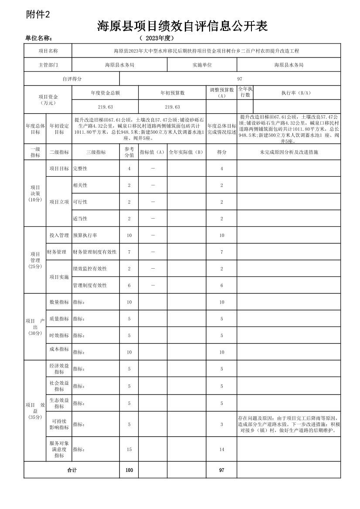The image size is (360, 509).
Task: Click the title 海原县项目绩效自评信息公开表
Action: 182,27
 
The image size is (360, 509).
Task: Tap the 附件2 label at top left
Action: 38,14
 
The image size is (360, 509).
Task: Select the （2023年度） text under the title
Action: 156,38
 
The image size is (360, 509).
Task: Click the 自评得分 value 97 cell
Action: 240,79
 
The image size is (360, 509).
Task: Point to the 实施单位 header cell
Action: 202,65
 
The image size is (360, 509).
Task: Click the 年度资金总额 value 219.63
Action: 105,107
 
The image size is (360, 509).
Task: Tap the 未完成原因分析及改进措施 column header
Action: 289,152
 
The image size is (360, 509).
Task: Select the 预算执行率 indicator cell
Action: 85,235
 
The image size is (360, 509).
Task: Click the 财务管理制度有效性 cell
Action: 95,252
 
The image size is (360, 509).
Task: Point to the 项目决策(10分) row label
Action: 35,193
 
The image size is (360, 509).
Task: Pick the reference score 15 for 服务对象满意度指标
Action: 129,449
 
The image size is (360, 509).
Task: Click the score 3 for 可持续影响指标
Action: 221,424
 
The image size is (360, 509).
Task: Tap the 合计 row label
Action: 71,470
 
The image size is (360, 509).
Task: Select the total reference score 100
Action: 129,470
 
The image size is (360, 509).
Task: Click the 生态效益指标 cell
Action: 59,403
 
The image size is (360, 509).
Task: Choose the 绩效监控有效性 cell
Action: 90,269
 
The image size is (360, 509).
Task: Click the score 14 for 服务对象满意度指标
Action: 221,449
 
